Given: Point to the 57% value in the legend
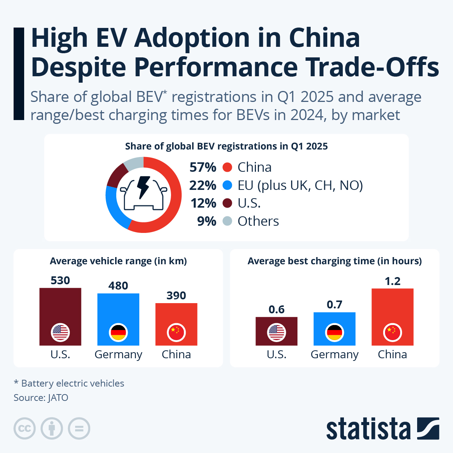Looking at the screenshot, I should (x=203, y=167).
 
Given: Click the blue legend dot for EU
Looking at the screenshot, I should (x=227, y=185).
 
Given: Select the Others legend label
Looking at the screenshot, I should (x=258, y=221).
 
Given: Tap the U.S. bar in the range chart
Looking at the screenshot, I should (x=60, y=306).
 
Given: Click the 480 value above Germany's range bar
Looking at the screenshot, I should (x=118, y=286).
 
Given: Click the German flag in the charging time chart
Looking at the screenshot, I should (x=334, y=333).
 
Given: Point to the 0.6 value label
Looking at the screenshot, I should (x=276, y=310).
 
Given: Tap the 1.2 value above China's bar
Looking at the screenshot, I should (x=393, y=281).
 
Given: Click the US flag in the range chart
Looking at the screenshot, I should (x=60, y=333).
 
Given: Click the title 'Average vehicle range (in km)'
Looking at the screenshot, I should (x=118, y=261).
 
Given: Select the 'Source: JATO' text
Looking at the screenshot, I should (x=41, y=398).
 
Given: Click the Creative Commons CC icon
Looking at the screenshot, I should (x=25, y=428).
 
